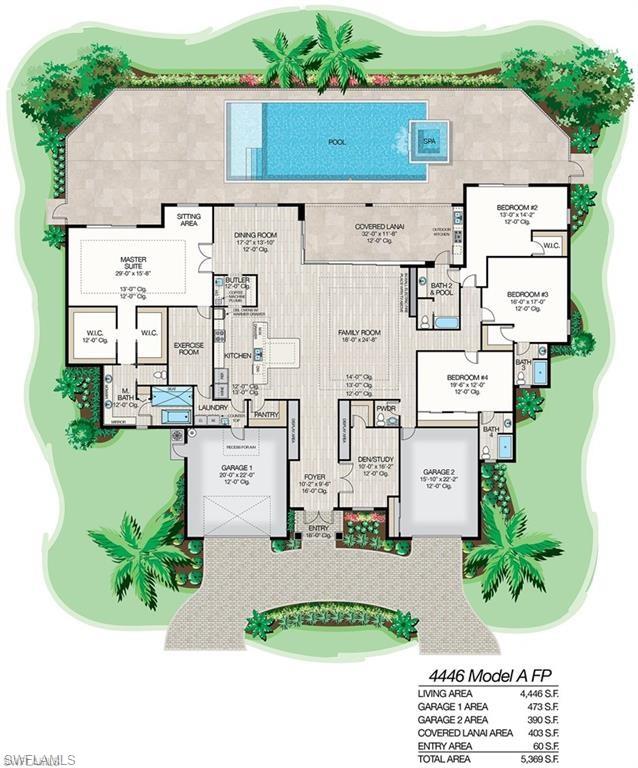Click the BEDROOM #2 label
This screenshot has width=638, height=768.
pos(517,208)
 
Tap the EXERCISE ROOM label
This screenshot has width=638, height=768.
pos(189,350)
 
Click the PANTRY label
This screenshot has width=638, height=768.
pos(265,412)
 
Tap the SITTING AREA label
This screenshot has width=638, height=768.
pos(188,220)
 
